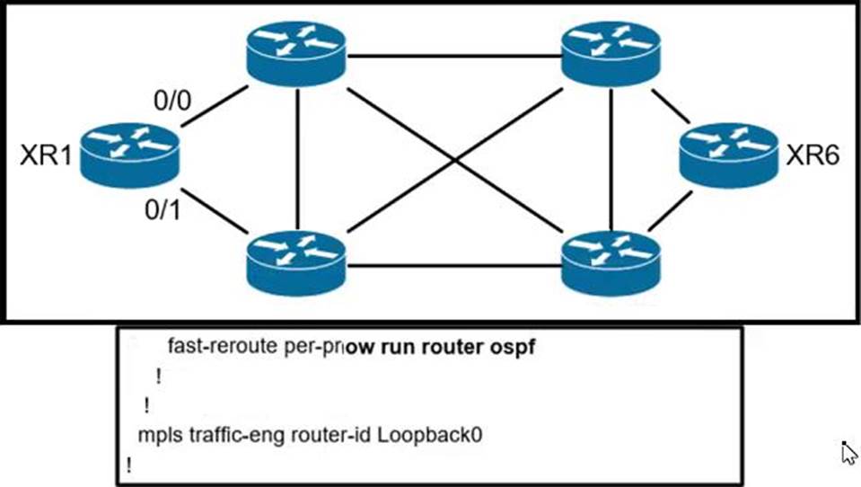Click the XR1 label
[x=44, y=156]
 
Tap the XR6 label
[x=813, y=156]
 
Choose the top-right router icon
[x=610, y=53]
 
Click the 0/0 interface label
[x=173, y=99]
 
